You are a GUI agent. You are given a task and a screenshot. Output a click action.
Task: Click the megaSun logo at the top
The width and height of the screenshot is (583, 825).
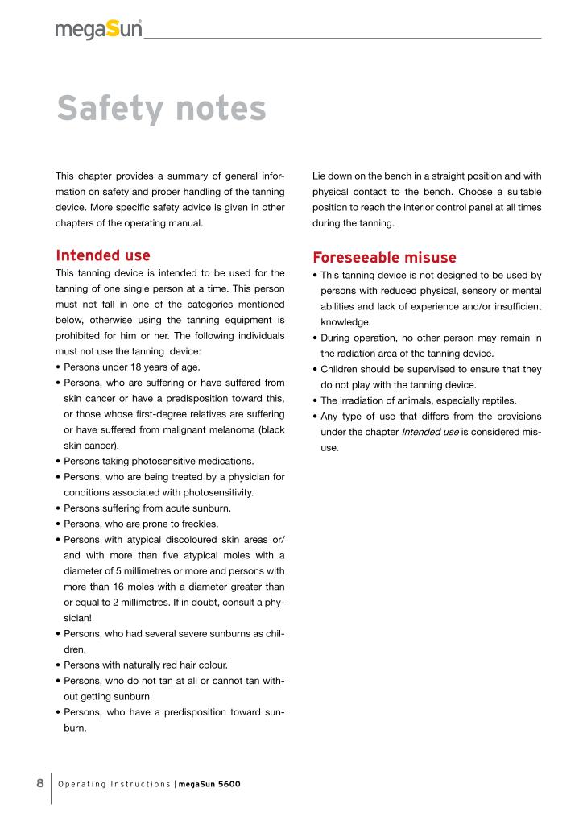[x=99, y=31]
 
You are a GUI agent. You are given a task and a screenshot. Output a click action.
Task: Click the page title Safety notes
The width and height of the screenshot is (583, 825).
[x=161, y=109]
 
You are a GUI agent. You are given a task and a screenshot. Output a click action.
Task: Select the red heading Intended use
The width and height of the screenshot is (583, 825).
[x=102, y=256]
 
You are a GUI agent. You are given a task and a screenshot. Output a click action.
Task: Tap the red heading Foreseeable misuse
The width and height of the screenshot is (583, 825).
[x=384, y=258]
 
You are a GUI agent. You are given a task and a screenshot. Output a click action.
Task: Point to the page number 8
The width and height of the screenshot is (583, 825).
[x=39, y=783]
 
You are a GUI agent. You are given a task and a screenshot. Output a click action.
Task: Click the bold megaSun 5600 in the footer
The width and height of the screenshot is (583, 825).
[x=209, y=784]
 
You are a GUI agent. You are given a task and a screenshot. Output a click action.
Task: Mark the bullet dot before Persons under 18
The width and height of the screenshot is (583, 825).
[x=58, y=367]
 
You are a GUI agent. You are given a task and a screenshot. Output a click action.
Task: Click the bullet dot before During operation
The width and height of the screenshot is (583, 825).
[x=316, y=338]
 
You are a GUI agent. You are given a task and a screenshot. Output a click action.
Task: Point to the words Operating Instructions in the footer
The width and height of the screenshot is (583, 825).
[x=114, y=784]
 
